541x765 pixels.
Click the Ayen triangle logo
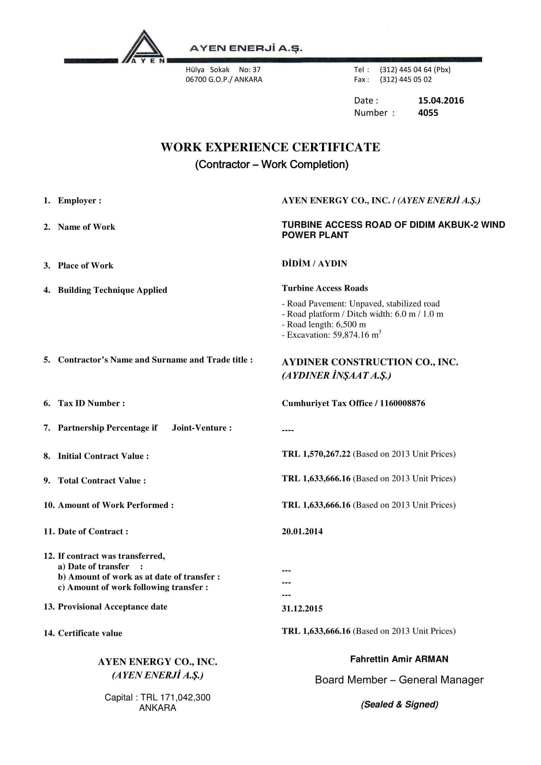point(144,47)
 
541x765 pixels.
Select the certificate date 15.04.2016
point(441,101)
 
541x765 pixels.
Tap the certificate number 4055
point(428,113)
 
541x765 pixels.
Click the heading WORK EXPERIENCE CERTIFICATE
point(270,147)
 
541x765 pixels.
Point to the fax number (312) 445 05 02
point(405,79)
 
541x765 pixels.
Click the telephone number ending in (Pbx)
point(415,70)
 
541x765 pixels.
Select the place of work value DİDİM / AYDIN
point(314,264)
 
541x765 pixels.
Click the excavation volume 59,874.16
point(353,335)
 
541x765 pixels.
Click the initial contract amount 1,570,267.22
point(326,454)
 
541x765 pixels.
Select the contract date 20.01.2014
point(302,531)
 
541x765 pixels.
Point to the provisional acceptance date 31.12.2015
point(302,608)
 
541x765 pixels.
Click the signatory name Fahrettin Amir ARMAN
point(399,659)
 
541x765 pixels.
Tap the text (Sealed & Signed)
point(399,704)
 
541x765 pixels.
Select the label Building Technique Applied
point(112,290)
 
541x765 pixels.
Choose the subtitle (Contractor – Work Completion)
point(271,164)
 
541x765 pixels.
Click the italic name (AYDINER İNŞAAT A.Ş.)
point(337,375)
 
